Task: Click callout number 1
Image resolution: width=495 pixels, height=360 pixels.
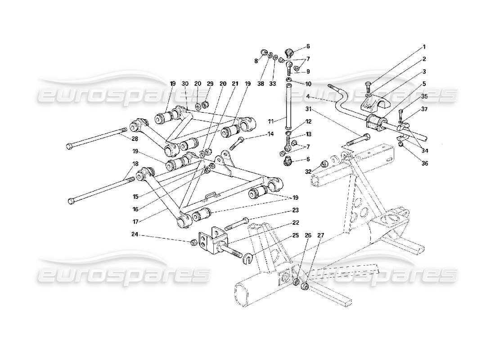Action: pyautogui.click(x=423, y=46)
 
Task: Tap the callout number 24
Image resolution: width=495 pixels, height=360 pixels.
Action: pyautogui.click(x=135, y=234)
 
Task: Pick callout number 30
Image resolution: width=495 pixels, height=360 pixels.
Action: pyautogui.click(x=185, y=84)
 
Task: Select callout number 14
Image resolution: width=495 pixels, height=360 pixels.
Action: pyautogui.click(x=270, y=134)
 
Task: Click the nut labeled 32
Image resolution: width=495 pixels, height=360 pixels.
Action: pyautogui.click(x=323, y=164)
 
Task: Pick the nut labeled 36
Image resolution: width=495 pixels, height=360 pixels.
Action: pyautogui.click(x=401, y=144)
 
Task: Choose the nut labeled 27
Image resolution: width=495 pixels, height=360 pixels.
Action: pyautogui.click(x=304, y=285)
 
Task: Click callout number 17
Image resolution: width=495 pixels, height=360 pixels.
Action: pyautogui.click(x=135, y=221)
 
